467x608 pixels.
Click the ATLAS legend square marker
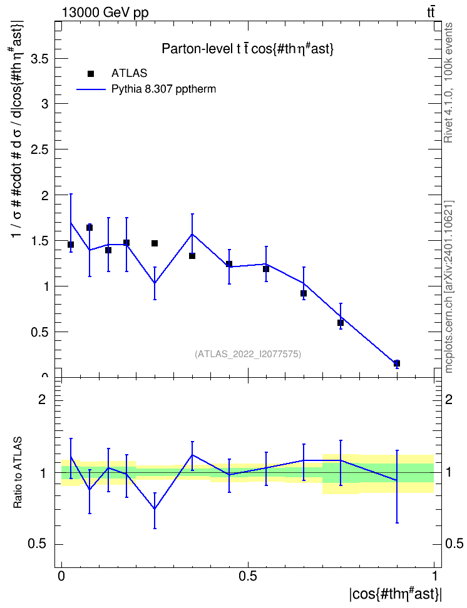coord(91,74)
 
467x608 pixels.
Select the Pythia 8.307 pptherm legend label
coord(163,89)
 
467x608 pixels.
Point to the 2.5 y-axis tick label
coord(39,149)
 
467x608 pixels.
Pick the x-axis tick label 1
coord(434,576)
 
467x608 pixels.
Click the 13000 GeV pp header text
coord(105,13)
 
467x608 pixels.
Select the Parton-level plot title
coord(248,49)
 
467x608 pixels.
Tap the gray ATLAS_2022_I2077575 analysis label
coord(248,354)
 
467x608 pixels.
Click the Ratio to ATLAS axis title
coord(18,473)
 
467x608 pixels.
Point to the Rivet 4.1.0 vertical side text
coord(448,83)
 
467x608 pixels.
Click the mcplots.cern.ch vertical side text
coord(449,287)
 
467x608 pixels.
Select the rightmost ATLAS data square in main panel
coord(397,363)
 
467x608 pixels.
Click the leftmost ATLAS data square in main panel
coord(71,245)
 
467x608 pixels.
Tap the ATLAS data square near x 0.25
coord(155,243)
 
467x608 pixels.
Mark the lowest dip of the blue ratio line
coord(155,509)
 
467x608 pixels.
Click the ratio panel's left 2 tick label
coord(42,399)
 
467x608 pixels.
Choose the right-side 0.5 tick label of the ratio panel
coord(454,544)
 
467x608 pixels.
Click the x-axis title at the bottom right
coord(396,594)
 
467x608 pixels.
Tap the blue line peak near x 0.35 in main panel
coord(192,234)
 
